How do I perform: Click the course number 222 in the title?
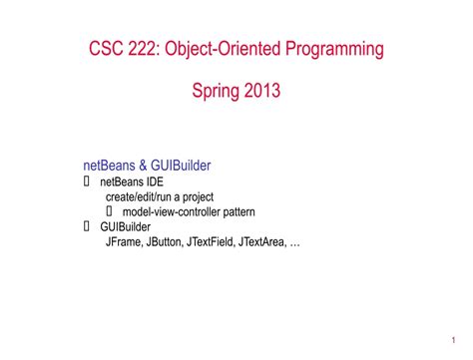pyautogui.click(x=146, y=47)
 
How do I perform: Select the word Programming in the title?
pyautogui.click(x=335, y=48)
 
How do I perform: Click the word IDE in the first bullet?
pyautogui.click(x=154, y=182)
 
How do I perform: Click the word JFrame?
pyautogui.click(x=124, y=240)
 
